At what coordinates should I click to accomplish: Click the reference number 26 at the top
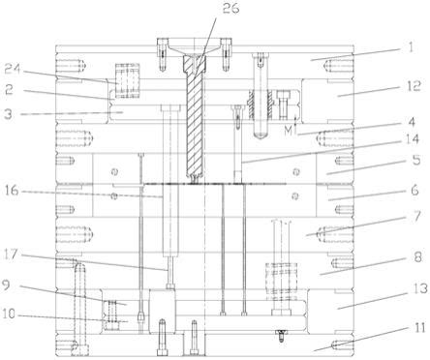coord(230,9)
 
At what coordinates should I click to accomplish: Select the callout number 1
coord(411,47)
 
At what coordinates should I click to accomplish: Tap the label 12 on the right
coord(413,86)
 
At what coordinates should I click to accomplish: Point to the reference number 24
coord(13,69)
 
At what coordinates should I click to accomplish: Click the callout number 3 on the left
coord(9,114)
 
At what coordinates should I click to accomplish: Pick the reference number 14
coord(412,139)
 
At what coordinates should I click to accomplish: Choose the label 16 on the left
coord(13,191)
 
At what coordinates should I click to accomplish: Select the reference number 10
coord(9,314)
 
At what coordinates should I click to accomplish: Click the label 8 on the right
coord(417,257)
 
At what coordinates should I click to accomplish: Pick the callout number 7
coord(417,216)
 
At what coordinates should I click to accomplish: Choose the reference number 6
coord(415,190)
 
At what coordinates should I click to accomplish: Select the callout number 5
coord(416,160)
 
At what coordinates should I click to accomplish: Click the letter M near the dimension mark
coord(289,131)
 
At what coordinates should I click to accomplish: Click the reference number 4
coord(412,122)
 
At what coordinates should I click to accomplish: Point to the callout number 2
coord(9,89)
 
